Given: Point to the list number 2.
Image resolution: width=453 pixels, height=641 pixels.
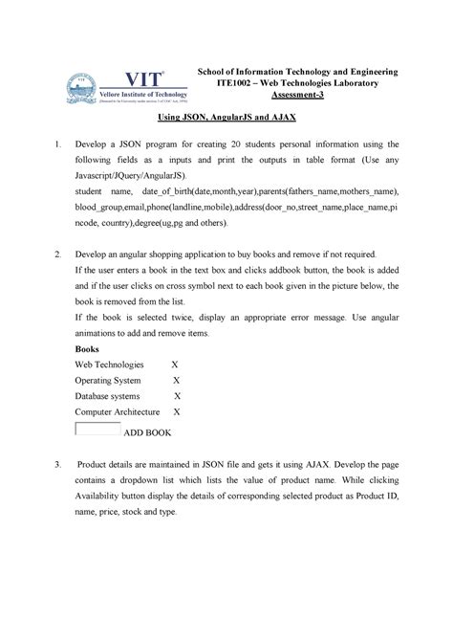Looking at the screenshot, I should (57, 255).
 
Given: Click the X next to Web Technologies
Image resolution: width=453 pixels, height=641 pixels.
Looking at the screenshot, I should (174, 365).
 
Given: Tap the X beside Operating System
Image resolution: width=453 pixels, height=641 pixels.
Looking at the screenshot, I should (174, 380).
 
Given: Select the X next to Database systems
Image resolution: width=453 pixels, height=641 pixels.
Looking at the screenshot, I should (176, 395).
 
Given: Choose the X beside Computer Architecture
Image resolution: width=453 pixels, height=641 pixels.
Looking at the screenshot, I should (177, 411).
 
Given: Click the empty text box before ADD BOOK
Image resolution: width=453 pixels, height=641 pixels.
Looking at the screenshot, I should (97, 429).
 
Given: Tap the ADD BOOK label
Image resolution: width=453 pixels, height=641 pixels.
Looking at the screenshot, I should (148, 432).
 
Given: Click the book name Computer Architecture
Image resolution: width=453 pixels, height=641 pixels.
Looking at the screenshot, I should (119, 411).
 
